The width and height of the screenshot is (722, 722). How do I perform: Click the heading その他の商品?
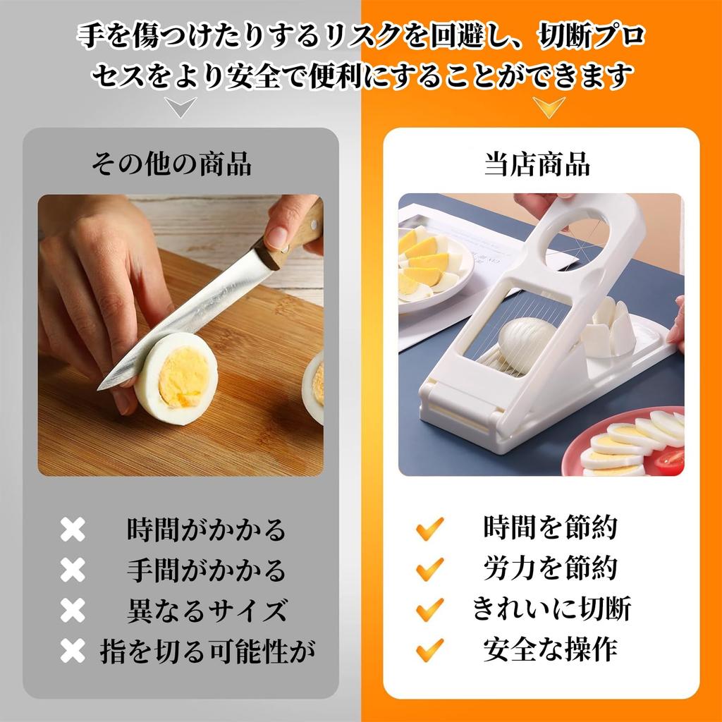pos(171,164)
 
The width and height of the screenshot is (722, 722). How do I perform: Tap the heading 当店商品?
pos(537,164)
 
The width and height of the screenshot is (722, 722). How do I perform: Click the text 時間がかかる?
pos(206,529)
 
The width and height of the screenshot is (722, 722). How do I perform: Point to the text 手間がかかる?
pos(206,569)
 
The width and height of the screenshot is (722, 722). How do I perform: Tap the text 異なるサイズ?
pos(206,610)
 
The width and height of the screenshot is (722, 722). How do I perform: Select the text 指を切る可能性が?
pos(206,650)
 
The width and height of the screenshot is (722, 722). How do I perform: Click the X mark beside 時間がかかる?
pos(72,530)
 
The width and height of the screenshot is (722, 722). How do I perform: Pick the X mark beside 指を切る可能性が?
pos(72,651)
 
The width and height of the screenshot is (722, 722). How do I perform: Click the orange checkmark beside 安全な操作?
pos(429,649)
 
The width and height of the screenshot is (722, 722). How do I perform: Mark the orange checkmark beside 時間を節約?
pos(429,527)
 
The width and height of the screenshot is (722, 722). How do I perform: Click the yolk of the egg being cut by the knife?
pos(183,377)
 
